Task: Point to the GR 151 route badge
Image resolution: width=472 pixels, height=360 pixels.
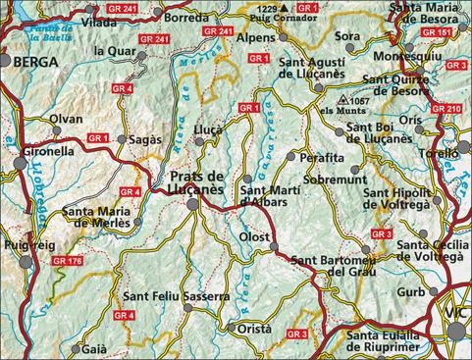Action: (442, 31)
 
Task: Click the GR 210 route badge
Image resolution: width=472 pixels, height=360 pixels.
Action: (446, 108)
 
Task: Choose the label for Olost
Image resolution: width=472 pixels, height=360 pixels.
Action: (255, 236)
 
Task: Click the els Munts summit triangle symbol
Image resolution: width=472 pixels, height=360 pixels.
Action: (340, 101)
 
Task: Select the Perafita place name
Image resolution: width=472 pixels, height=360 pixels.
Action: (323, 156)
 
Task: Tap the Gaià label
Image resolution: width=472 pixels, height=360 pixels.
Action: (94, 347)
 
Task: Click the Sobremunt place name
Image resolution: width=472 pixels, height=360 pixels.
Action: (335, 180)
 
